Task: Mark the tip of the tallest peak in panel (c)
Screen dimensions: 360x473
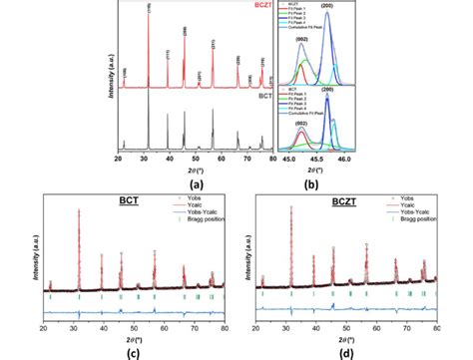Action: (80, 208)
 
